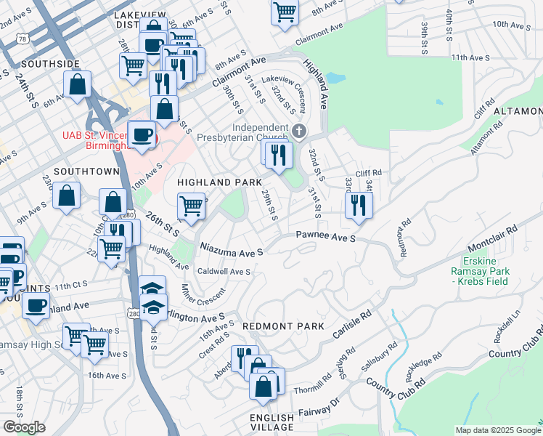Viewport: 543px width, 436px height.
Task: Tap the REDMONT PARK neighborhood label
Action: click(x=282, y=327)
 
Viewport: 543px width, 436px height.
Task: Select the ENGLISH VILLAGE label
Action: click(x=272, y=424)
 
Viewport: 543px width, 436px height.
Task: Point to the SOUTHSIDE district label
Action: click(x=50, y=64)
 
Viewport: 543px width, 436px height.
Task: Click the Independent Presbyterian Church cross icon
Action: click(x=299, y=131)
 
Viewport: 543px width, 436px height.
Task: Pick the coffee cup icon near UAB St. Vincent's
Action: click(x=141, y=134)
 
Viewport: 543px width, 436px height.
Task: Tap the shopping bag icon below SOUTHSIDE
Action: click(x=77, y=84)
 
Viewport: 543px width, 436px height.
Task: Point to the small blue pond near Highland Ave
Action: click(x=335, y=77)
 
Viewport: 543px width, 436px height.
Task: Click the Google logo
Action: click(x=24, y=427)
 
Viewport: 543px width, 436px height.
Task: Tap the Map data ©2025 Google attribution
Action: click(x=498, y=430)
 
